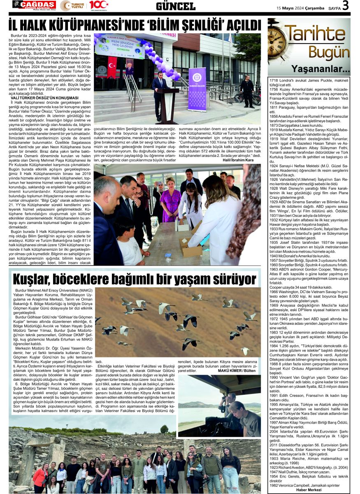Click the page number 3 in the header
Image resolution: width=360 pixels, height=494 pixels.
pos(346,5)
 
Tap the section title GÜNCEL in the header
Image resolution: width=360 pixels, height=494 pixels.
pos(176,6)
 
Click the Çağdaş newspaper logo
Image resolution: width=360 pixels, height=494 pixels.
pos(34,5)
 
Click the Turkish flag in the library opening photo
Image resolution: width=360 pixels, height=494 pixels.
pos(112,67)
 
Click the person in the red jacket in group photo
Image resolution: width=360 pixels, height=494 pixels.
pos(40,478)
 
